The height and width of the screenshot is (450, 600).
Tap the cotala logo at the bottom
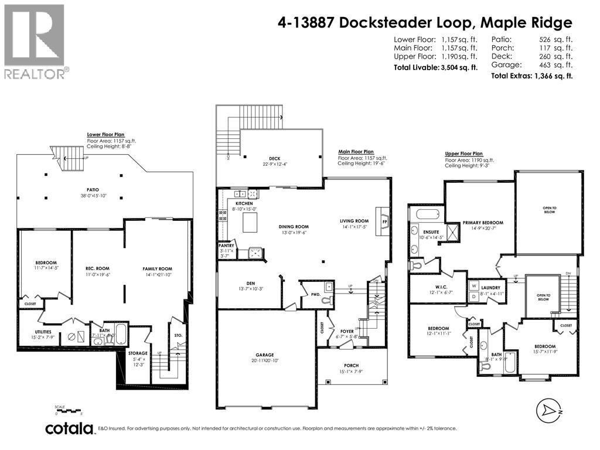(70, 428)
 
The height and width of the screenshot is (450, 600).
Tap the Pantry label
(226, 246)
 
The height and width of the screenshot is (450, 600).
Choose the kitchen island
(251, 222)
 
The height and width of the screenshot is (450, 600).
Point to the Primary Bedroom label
(483, 223)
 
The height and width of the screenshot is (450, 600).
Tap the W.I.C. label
(434, 287)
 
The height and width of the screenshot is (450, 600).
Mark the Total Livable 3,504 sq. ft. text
(435, 68)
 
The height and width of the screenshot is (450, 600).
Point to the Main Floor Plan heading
(356, 152)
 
